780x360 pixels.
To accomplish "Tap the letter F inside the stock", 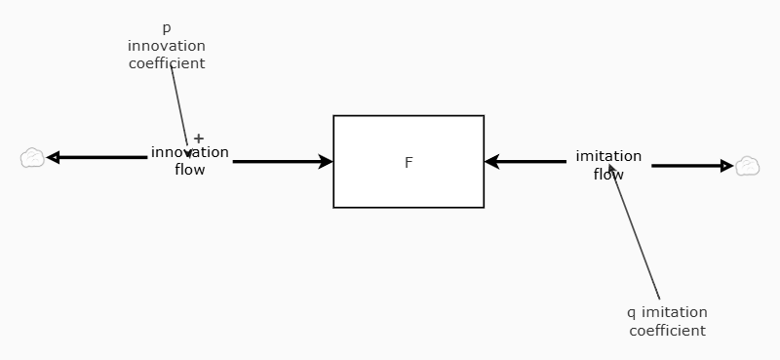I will click(409, 163).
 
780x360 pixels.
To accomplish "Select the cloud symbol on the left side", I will click(33, 158).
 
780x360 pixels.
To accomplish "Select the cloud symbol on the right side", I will click(747, 166).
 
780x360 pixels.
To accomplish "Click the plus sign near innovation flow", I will click(199, 139).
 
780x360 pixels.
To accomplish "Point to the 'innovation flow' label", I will click(189, 161).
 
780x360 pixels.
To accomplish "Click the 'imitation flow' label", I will click(608, 165).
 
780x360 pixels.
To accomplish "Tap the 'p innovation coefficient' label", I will click(167, 46).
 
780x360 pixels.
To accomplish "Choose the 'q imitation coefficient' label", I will click(667, 321).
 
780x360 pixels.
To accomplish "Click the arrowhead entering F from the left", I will click(326, 162).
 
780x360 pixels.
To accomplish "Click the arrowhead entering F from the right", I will click(492, 162).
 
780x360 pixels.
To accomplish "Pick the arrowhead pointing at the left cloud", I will click(53, 158).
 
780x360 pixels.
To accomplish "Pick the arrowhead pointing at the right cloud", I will click(726, 166).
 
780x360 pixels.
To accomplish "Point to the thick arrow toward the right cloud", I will click(687, 166).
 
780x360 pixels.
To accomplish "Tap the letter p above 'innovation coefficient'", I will click(166, 28).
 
